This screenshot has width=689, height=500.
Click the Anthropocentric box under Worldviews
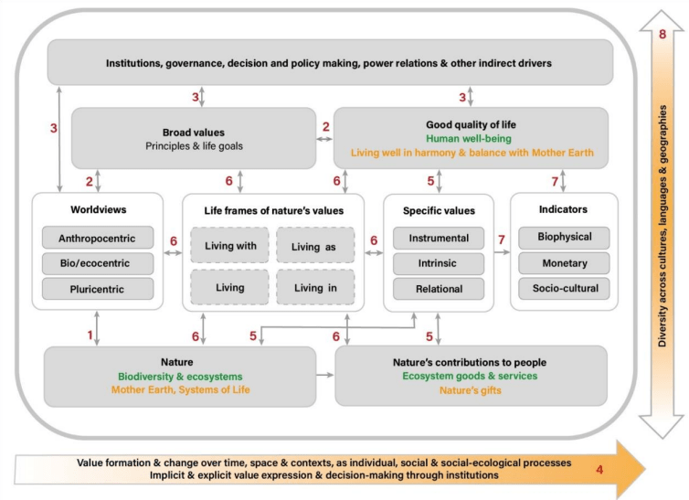[96, 239]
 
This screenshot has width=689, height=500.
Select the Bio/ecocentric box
[96, 264]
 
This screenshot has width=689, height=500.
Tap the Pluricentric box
[96, 289]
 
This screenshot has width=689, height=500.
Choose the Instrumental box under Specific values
[440, 239]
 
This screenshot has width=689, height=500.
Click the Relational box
[440, 289]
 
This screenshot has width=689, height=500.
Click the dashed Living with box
[229, 246]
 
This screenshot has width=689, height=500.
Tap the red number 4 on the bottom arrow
[599, 470]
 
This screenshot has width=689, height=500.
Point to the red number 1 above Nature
[90, 335]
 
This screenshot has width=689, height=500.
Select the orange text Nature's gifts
[471, 391]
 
